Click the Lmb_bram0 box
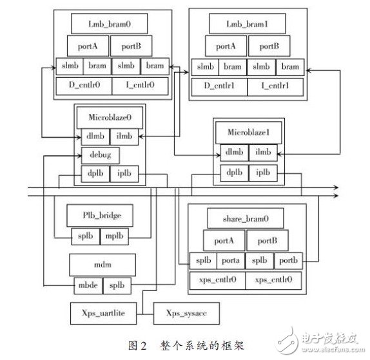click(110, 24)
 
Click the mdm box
click(102, 263)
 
